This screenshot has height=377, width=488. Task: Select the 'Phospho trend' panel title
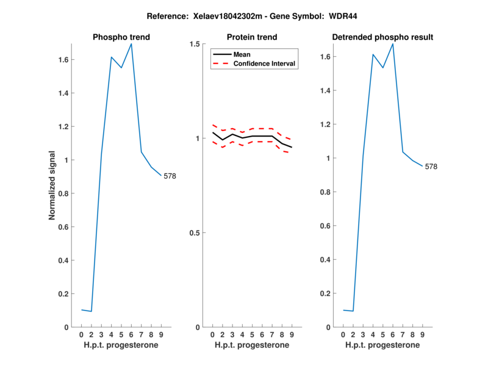click(121, 37)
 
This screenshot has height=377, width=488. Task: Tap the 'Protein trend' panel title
click(253, 37)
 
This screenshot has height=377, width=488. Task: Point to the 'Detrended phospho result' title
click(382, 37)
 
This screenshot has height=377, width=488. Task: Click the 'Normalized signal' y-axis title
click(52, 185)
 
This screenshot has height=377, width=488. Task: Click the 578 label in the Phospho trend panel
click(170, 176)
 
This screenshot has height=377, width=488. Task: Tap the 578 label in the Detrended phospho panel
click(431, 167)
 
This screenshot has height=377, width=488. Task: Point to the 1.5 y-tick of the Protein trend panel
click(195, 44)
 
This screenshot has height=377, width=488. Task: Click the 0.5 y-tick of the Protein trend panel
click(195, 233)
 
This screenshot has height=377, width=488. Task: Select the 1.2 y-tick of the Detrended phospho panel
click(325, 124)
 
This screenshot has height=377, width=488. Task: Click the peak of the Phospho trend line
click(131, 44)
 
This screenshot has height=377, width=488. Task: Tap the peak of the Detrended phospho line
click(393, 44)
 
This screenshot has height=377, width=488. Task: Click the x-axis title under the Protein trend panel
click(253, 345)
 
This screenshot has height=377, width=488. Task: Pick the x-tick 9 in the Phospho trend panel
click(161, 334)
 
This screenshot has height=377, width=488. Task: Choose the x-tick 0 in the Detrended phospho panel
click(343, 334)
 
